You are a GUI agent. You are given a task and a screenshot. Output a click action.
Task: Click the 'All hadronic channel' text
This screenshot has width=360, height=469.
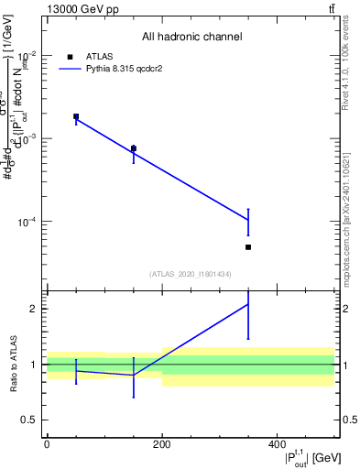191,38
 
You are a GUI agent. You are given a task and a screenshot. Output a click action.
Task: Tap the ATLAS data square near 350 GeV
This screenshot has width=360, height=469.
248,247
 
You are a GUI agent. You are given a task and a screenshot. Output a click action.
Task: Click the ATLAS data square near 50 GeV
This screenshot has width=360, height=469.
76,116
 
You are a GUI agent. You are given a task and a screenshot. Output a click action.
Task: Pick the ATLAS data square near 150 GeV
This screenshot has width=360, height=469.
134,148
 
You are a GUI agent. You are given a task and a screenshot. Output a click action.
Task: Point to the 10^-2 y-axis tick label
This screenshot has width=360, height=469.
27,54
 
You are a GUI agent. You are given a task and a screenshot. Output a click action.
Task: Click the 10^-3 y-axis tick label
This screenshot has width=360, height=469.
27,138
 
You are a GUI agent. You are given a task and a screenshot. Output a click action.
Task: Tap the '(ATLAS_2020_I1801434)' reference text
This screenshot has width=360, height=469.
191,274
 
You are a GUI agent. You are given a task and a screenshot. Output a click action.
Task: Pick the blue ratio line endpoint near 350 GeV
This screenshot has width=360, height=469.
248,304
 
